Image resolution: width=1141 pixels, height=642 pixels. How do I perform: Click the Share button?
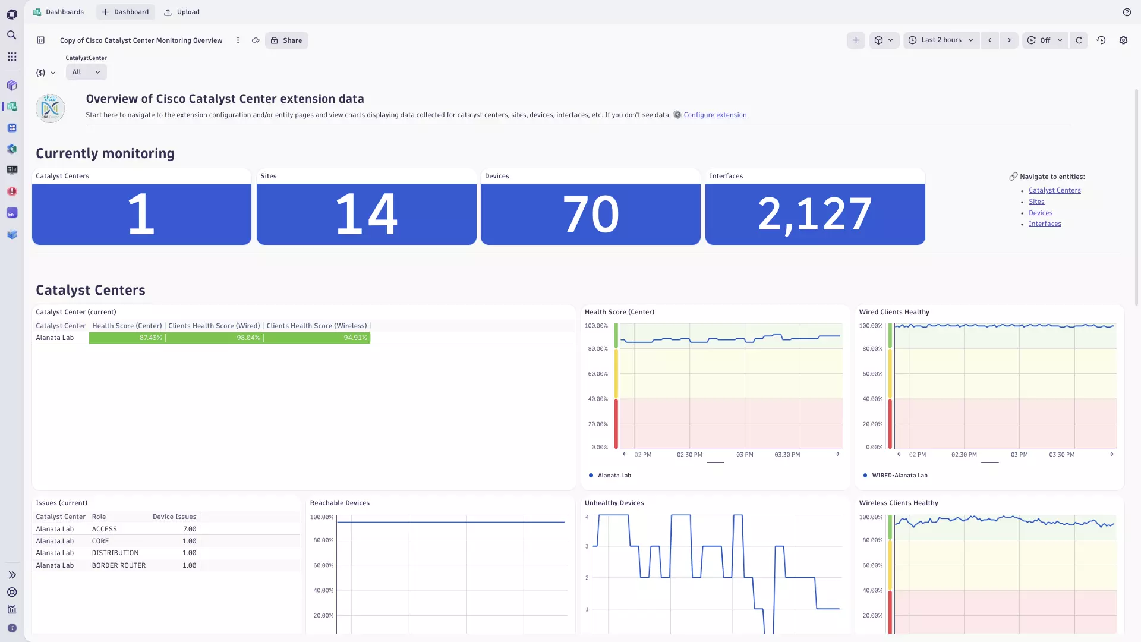point(286,40)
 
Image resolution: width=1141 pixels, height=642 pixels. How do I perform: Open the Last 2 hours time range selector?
point(941,40)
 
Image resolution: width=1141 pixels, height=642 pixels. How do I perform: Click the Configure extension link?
point(715,115)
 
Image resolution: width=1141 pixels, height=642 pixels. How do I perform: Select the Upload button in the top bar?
point(182,12)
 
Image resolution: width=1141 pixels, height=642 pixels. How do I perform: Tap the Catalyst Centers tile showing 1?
point(141,214)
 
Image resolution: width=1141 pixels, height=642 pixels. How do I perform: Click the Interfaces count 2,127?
point(815,214)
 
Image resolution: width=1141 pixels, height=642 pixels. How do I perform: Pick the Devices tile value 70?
point(590,214)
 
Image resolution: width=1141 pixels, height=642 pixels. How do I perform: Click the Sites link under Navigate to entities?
point(1036,202)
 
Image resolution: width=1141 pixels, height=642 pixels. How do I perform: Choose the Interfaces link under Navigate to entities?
point(1045,224)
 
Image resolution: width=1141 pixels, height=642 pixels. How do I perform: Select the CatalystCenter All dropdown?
point(86,72)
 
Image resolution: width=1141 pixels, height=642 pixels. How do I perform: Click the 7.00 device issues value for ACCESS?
point(190,529)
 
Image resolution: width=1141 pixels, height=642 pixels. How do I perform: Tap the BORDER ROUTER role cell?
point(119,565)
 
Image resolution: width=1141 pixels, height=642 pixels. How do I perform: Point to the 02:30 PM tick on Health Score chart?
point(689,455)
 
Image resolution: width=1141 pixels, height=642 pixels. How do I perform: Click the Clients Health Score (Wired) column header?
point(214,326)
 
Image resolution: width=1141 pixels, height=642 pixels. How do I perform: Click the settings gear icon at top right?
point(1123,40)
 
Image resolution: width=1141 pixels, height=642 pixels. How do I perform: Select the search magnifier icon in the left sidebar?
point(12,35)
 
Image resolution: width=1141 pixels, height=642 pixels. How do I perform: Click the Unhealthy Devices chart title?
point(614,503)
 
